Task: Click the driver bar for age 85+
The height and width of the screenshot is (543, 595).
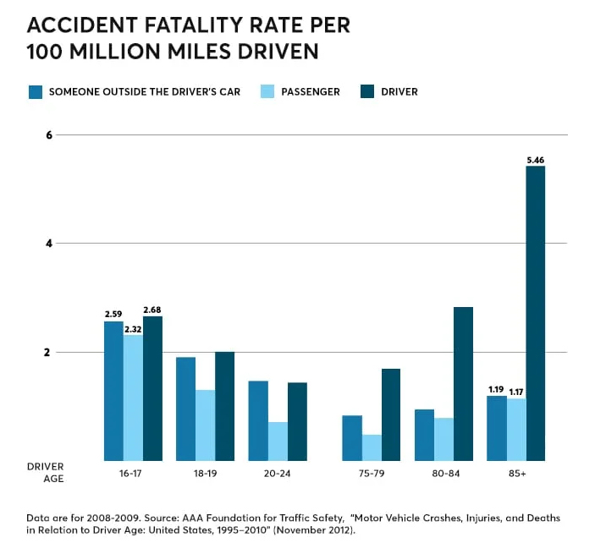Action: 535,313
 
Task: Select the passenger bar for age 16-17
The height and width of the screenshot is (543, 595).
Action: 133,398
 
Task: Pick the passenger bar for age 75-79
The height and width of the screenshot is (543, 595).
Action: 371,447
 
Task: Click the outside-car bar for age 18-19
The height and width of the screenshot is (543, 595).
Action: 185,409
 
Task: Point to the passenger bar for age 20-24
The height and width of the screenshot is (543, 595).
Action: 278,441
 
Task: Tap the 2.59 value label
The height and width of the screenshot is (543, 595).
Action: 113,314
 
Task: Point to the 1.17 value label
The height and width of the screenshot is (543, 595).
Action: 516,391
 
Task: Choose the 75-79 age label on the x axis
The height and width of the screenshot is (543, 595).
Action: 370,474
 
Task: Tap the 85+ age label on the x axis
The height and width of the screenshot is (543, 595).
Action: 516,474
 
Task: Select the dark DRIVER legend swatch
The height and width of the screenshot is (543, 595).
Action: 366,91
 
